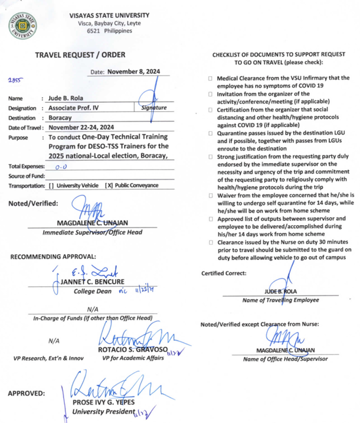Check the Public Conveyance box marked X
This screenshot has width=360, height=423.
pyautogui.click(x=110, y=186)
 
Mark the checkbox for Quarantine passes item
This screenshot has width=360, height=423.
pyautogui.click(x=211, y=134)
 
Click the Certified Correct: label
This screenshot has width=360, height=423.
pyautogui.click(x=224, y=273)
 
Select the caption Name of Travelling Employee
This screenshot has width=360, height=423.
pyautogui.click(x=280, y=301)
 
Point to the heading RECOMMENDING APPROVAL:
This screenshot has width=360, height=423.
pyautogui.click(x=53, y=256)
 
